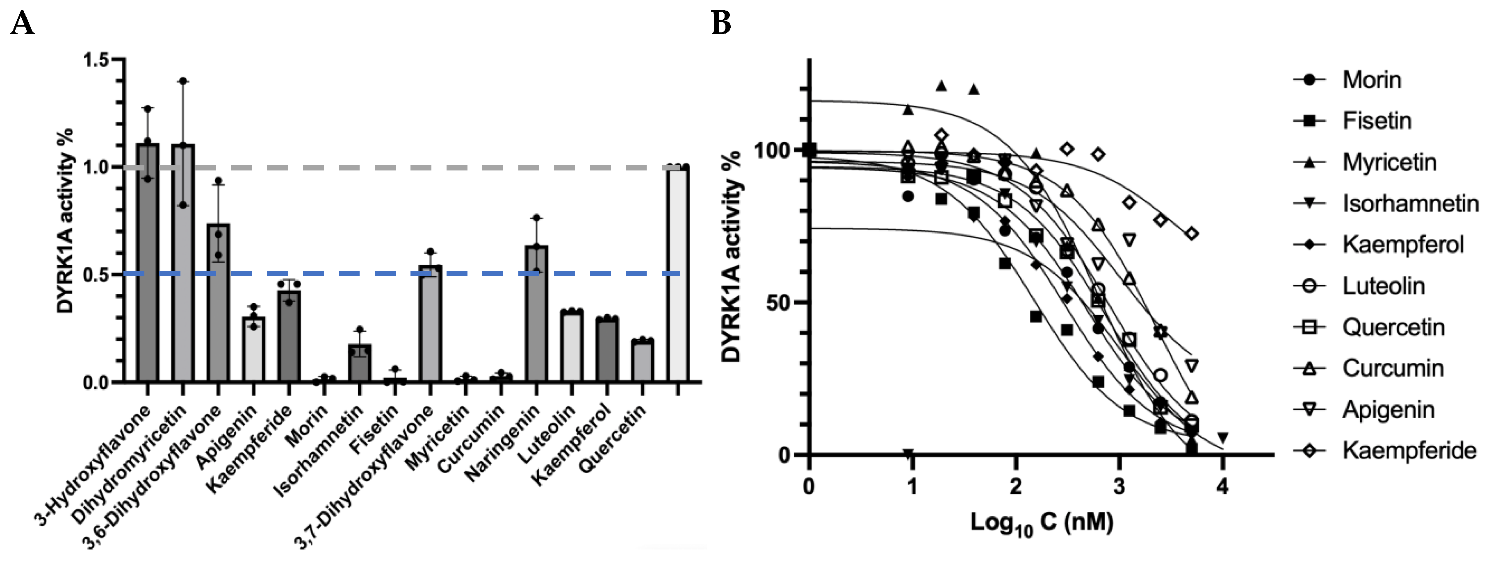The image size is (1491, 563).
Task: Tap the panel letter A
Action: tap(22, 24)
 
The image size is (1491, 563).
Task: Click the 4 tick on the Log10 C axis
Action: tap(1222, 486)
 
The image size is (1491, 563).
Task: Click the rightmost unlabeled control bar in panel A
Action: tap(677, 275)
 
